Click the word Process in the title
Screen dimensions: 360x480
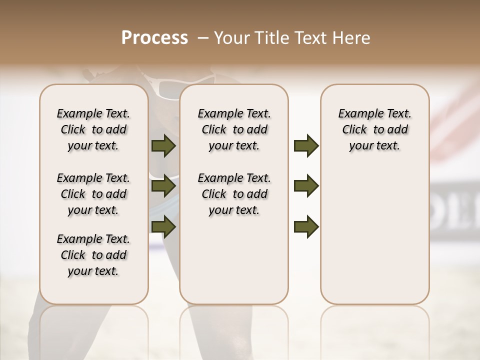pos(154,37)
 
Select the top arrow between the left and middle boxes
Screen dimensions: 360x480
pos(163,146)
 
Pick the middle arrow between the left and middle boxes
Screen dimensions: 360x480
pos(163,186)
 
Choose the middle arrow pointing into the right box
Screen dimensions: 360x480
pos(306,186)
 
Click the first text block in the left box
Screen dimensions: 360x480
pos(93,129)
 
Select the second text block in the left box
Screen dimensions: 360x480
pos(93,194)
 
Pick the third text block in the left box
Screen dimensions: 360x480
pos(93,255)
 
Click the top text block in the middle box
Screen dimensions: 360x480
pos(234,129)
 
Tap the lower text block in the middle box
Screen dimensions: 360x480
pos(234,194)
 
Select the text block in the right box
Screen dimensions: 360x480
pos(374,129)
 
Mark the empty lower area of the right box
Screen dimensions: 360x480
pos(374,235)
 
